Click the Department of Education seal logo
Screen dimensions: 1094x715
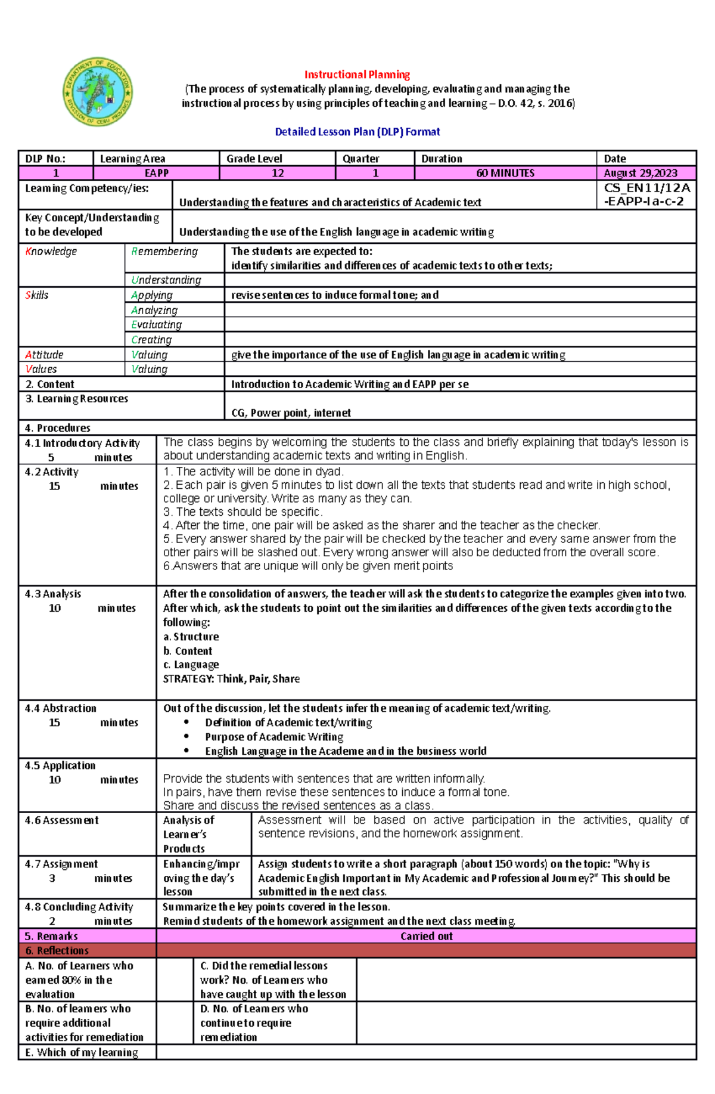tap(98, 92)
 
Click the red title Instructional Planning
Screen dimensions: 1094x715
tap(357, 75)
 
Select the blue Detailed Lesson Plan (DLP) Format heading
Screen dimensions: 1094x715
tap(357, 132)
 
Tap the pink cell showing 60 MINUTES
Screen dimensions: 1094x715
tap(505, 173)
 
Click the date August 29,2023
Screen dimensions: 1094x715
tap(640, 173)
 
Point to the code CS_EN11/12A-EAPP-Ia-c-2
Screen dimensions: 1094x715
tap(646, 194)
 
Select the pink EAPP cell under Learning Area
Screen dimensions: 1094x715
tap(156, 173)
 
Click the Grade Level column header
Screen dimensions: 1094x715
tap(254, 159)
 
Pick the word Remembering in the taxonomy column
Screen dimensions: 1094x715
tap(164, 252)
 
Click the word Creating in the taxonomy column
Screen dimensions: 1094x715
tap(151, 339)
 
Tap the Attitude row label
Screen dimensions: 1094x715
tap(44, 355)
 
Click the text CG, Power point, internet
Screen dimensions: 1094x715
tap(291, 413)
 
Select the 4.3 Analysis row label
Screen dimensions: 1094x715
tap(53, 594)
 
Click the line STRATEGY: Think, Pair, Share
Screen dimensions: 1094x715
tap(231, 678)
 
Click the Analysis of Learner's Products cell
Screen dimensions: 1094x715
tap(188, 834)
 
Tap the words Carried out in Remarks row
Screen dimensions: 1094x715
tap(426, 936)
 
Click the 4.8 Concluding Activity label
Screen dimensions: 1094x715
tap(79, 907)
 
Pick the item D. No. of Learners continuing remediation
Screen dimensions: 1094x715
tap(254, 1022)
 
